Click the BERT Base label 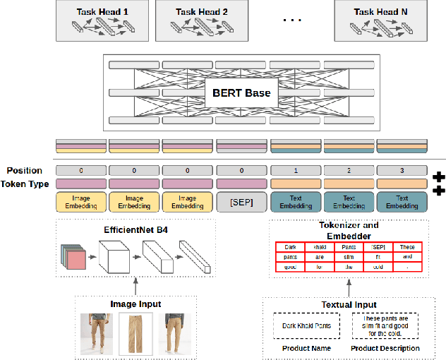click(242, 92)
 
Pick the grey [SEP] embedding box click(242, 203)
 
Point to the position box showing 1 click(296, 171)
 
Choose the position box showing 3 click(402, 171)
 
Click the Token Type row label click(28, 184)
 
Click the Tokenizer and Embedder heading click(349, 231)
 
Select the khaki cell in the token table click(320, 248)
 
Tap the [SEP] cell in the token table click(378, 248)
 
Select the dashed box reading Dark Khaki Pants click(307, 325)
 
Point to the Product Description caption click(385, 348)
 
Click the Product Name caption click(306, 348)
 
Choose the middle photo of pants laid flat click(135, 333)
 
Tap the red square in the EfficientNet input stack click(74, 260)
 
